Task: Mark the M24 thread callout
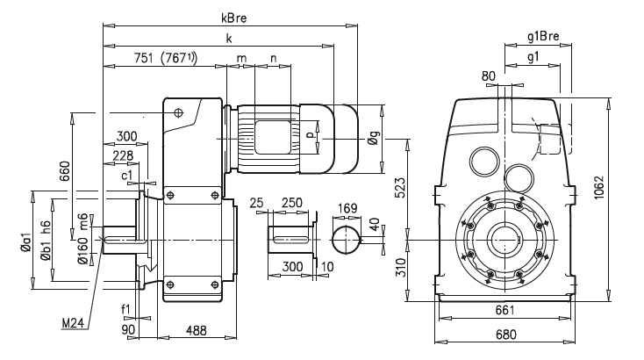click(x=73, y=323)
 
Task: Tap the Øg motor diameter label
click(x=374, y=137)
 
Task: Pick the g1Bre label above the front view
click(x=543, y=37)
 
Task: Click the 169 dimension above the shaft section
click(x=347, y=208)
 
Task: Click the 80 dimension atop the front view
click(x=489, y=76)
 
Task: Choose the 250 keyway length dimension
click(x=292, y=203)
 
